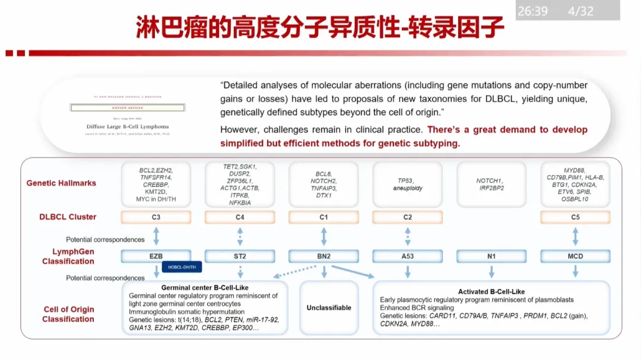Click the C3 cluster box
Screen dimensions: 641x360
point(156,217)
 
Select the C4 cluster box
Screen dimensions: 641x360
point(240,217)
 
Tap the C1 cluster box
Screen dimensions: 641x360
point(323,217)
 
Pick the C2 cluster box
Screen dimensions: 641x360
point(408,217)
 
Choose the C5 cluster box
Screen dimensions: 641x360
point(575,217)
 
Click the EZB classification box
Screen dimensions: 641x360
point(156,256)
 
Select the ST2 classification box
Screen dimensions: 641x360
point(240,256)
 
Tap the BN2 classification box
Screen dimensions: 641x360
point(323,256)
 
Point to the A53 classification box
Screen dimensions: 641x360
point(408,256)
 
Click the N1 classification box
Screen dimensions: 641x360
point(491,256)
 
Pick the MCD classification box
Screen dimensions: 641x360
point(575,256)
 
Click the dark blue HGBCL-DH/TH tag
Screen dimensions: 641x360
point(182,267)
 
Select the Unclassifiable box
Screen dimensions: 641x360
point(329,307)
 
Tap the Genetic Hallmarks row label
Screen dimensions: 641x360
point(61,183)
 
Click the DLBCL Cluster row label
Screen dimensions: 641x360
point(68,217)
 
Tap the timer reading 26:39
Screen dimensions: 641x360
point(532,11)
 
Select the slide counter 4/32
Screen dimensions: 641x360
point(580,11)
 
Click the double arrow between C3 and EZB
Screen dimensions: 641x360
point(156,236)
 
